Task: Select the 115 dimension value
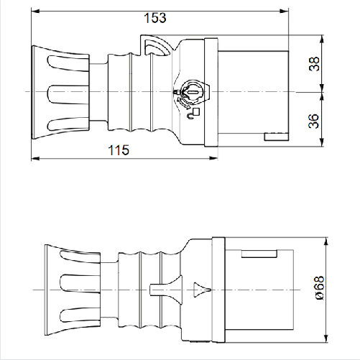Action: (119, 149)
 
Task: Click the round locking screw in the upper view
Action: (191, 92)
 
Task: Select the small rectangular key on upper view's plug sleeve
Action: (275, 137)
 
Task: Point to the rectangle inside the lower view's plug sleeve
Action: (260, 253)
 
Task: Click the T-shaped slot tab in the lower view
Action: (155, 290)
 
